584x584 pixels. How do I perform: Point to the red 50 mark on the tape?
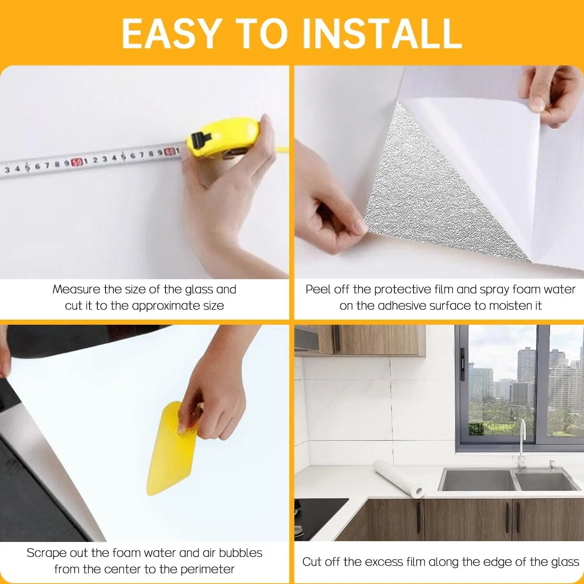[x=77, y=162]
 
